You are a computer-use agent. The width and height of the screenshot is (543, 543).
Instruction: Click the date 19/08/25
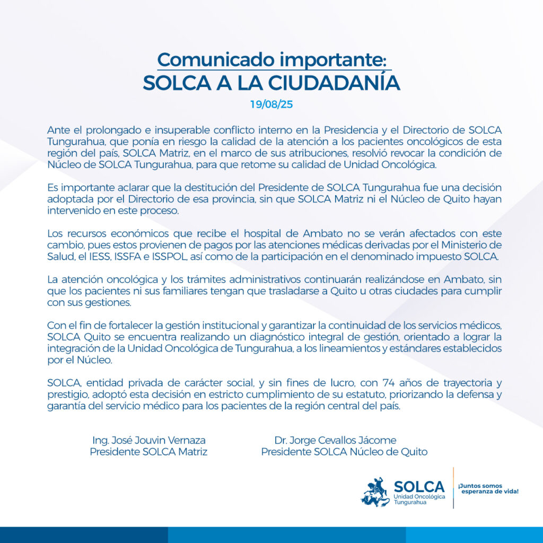271,104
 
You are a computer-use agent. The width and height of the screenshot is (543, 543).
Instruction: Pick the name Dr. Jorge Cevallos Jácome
335,440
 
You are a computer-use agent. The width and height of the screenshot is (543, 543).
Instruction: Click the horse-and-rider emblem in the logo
375,492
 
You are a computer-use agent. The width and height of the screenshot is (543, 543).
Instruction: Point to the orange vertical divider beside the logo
453,488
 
